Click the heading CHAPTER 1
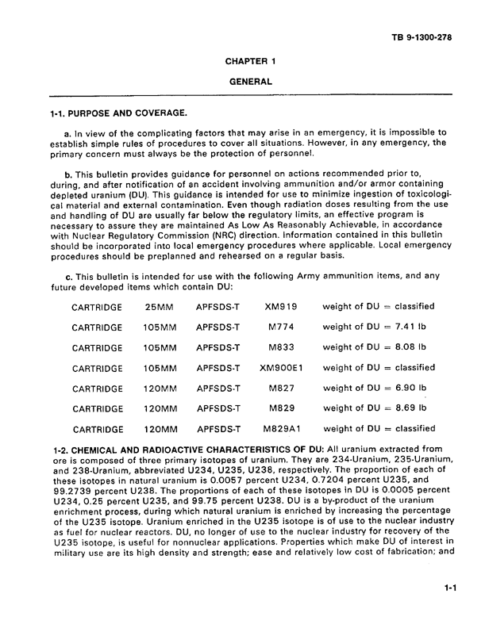pyautogui.click(x=250, y=61)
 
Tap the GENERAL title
pyautogui.click(x=250, y=82)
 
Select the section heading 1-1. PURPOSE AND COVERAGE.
pyautogui.click(x=119, y=113)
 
